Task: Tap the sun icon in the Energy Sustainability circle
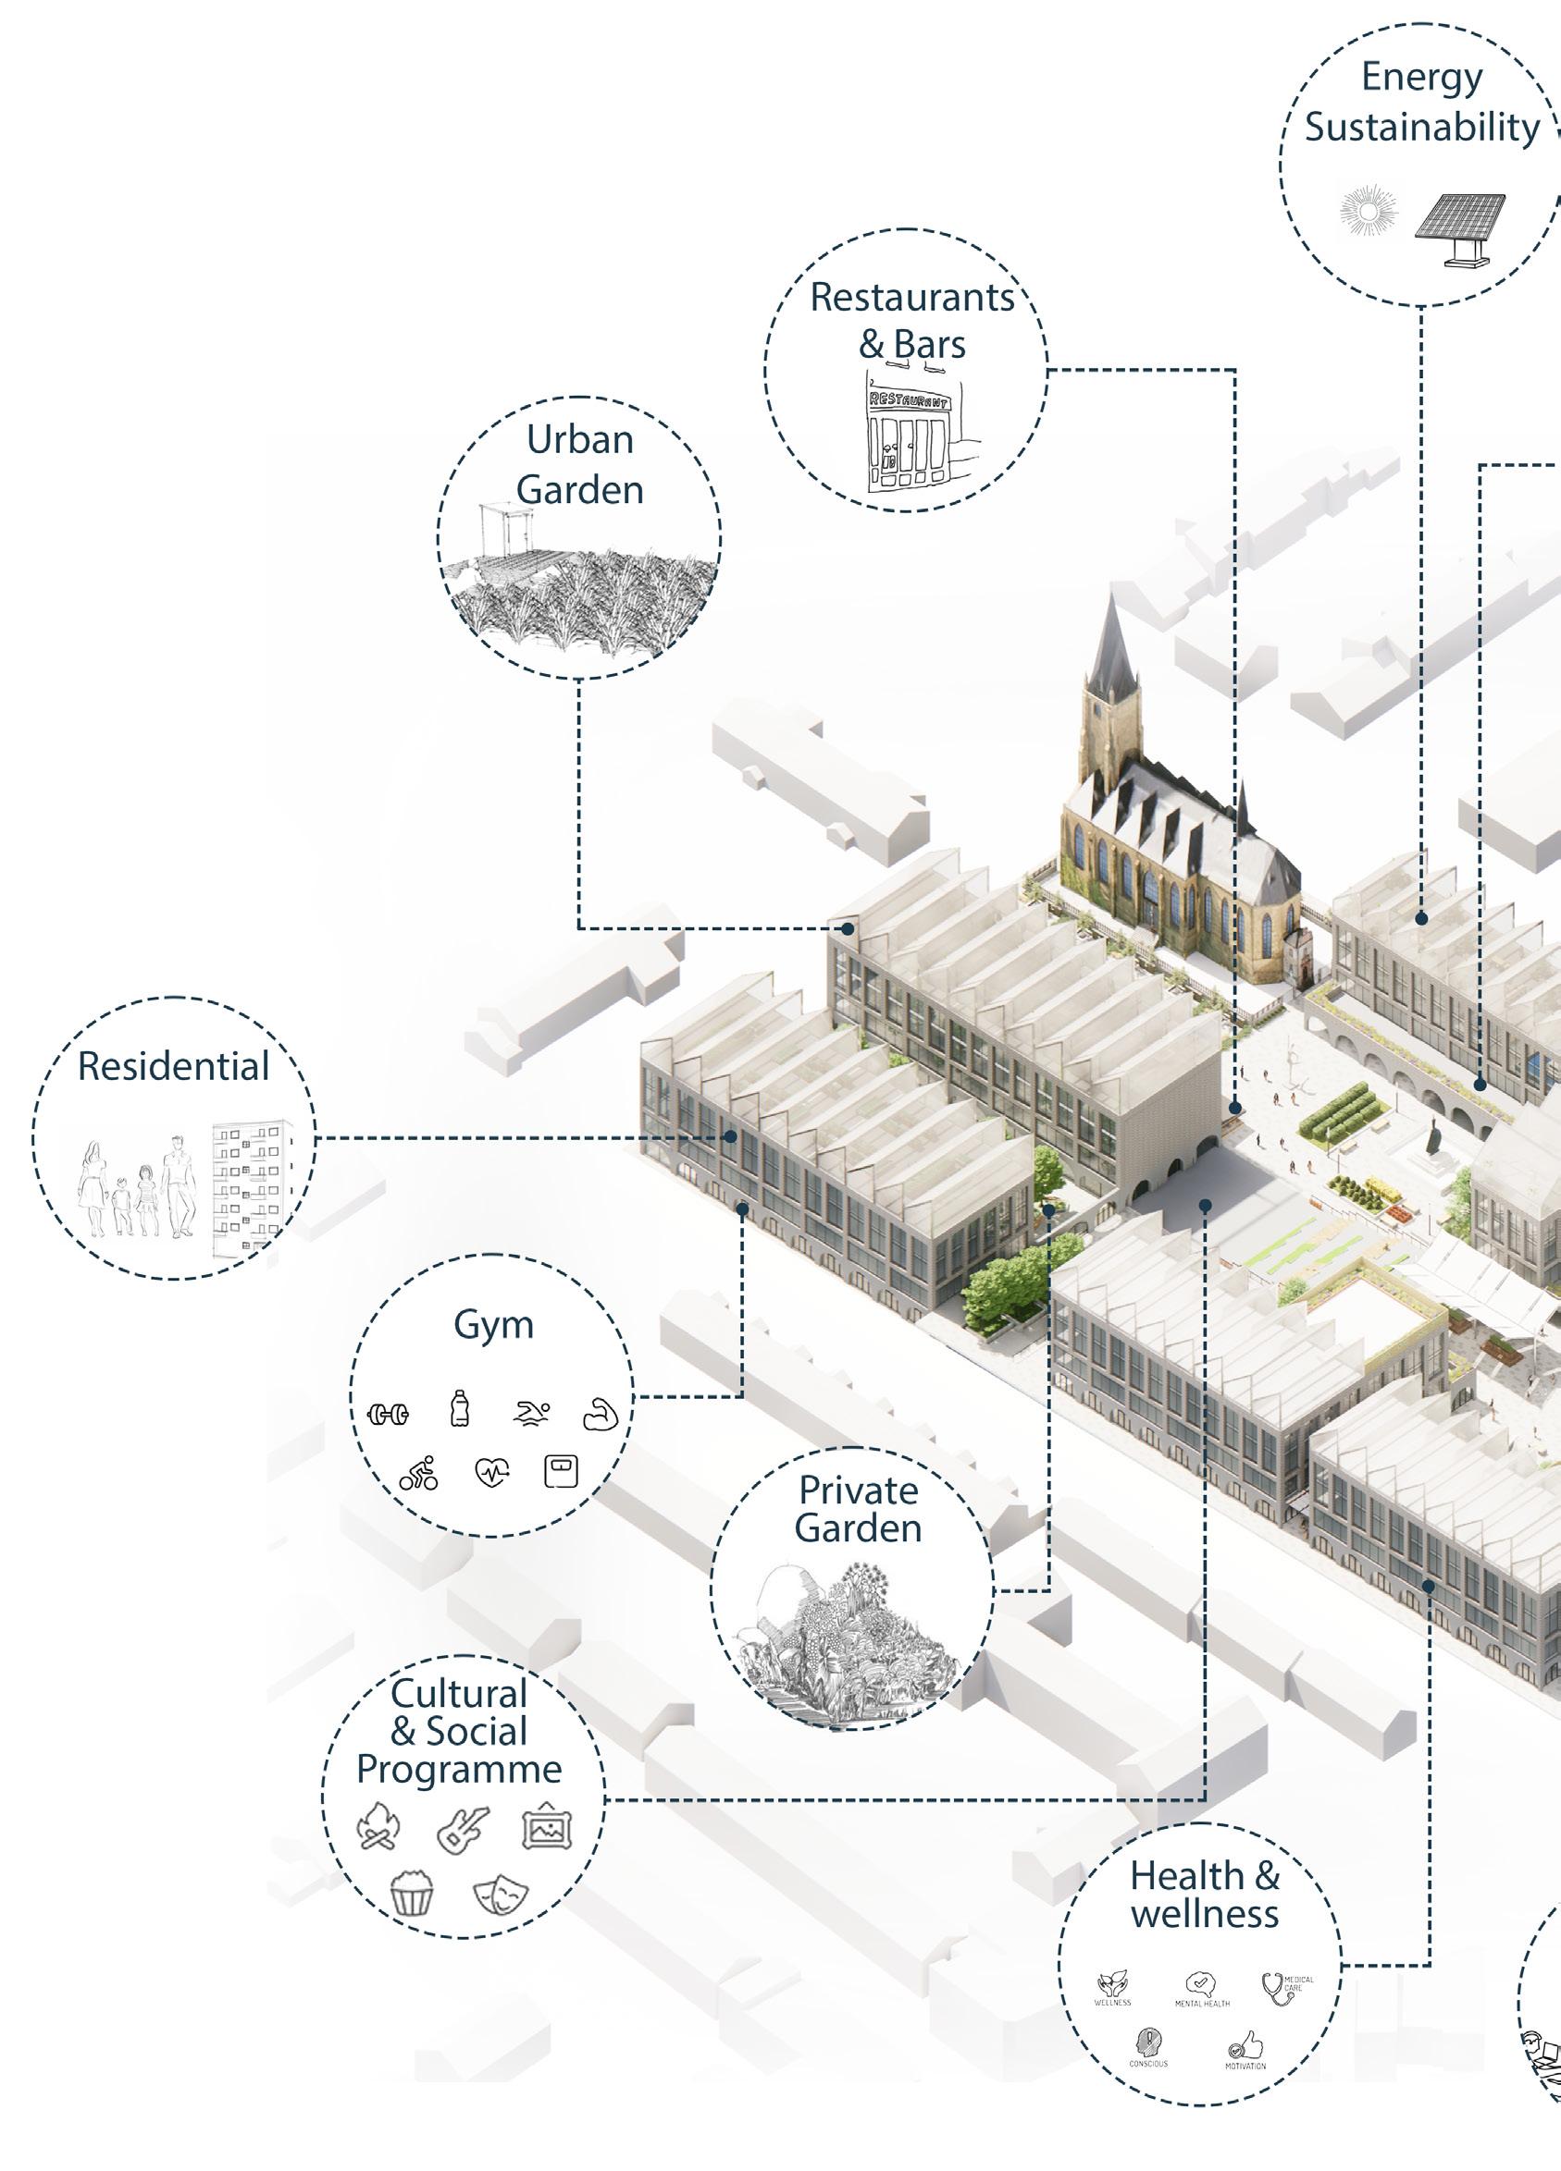click(1369, 212)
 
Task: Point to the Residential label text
click(173, 1066)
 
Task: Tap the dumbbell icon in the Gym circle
click(388, 1414)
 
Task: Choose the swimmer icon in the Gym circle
click(531, 1412)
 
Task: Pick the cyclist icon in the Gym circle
click(418, 1473)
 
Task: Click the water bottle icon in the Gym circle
click(461, 1410)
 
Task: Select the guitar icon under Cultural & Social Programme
click(463, 1828)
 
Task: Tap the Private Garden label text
click(858, 1510)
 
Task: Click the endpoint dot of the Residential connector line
click(731, 1137)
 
